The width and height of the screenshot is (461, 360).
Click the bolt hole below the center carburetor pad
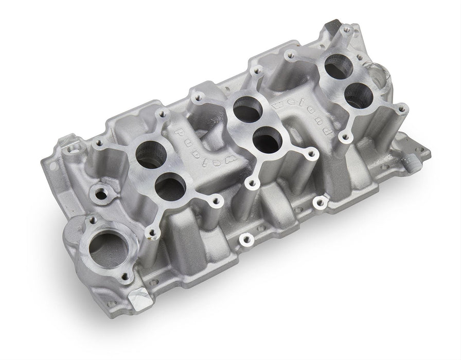point(246,240)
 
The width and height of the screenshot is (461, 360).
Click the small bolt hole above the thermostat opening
point(93,222)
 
